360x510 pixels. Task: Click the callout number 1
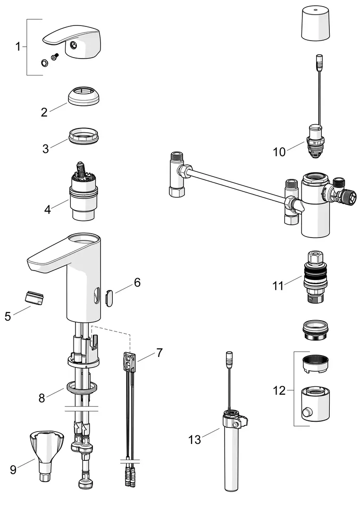pos(18,46)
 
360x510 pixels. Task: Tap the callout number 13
pos(194,440)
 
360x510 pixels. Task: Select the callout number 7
pos(159,353)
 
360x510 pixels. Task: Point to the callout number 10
pos(279,152)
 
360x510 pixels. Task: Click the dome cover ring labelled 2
pos(84,96)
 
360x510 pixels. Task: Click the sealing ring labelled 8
pos(82,388)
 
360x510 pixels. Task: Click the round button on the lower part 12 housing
pos(306,413)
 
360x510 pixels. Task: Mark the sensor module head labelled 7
pos(130,362)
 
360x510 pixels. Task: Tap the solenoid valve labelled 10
pos(316,141)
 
